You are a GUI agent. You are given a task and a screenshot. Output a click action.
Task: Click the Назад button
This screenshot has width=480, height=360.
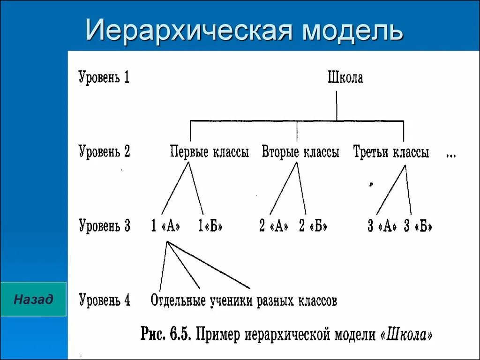pos(33,299)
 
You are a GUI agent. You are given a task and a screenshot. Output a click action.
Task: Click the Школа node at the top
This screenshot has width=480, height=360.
pos(345,78)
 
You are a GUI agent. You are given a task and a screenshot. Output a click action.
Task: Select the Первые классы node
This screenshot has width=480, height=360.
pos(209,152)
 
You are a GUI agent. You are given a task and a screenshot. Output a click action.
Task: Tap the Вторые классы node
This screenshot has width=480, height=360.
pos(300,152)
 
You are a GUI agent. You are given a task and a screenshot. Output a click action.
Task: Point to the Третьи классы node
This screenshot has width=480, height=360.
pos(391,152)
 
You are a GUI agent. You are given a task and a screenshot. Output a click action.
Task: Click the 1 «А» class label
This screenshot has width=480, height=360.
pos(166,226)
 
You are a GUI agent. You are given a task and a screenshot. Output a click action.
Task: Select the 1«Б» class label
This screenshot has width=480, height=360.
pos(210,226)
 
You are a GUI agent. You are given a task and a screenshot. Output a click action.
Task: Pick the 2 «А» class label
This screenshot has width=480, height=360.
pos(274,226)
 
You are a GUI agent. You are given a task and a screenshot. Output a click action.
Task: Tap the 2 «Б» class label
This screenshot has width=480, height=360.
pos(313,226)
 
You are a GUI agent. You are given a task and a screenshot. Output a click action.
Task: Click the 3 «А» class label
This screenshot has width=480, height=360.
pos(382,226)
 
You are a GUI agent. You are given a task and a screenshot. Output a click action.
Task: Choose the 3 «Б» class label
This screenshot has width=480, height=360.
pos(418,226)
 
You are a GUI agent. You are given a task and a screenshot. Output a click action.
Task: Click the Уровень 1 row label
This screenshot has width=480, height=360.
pos(104,77)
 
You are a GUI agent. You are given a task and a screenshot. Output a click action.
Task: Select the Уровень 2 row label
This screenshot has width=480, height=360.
pos(104,152)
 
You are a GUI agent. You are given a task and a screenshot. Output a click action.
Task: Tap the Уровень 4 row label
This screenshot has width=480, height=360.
pos(104,300)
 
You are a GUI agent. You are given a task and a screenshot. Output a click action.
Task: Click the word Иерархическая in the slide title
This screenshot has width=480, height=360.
pos(190,30)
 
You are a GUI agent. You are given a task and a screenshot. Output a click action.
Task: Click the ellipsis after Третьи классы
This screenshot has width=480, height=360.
pos(451,155)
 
